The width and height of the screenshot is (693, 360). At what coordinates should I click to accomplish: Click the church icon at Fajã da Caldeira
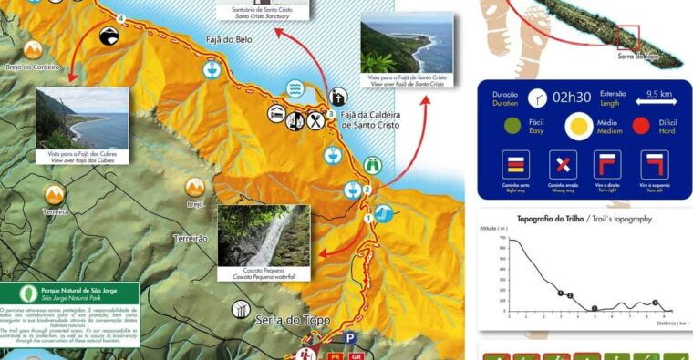pyautogui.click(x=337, y=97)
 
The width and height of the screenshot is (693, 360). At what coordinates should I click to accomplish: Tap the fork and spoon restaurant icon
pyautogui.click(x=315, y=119)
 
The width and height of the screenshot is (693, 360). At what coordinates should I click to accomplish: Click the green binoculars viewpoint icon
pyautogui.click(x=372, y=165)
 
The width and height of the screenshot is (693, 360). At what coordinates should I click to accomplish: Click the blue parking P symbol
pyautogui.click(x=351, y=337)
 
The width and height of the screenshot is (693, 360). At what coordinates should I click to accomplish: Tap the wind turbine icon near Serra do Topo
pyautogui.click(x=241, y=309)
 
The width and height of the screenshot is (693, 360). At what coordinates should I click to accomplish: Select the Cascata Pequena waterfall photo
pyautogui.click(x=264, y=235)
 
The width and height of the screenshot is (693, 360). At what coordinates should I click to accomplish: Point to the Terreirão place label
pyautogui.click(x=191, y=238)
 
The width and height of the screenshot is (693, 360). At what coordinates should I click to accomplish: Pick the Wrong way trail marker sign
pyautogui.click(x=564, y=165)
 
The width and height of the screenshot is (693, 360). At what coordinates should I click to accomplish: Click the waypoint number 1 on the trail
pyautogui.click(x=369, y=219)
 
